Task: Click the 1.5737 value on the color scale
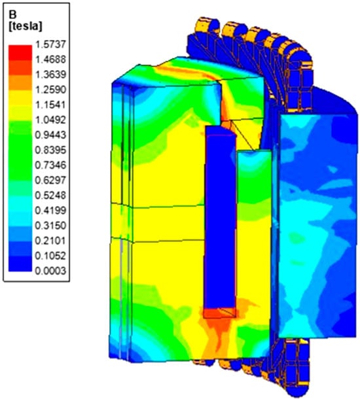click(x=50, y=44)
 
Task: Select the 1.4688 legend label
click(x=50, y=60)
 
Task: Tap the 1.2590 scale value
click(x=50, y=90)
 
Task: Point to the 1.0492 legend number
click(x=50, y=120)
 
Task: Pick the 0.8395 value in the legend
click(x=50, y=150)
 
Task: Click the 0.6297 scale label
click(x=50, y=180)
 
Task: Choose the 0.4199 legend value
click(x=50, y=211)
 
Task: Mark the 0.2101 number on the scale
click(x=50, y=241)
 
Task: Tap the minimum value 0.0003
click(x=50, y=271)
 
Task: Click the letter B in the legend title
click(x=12, y=15)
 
